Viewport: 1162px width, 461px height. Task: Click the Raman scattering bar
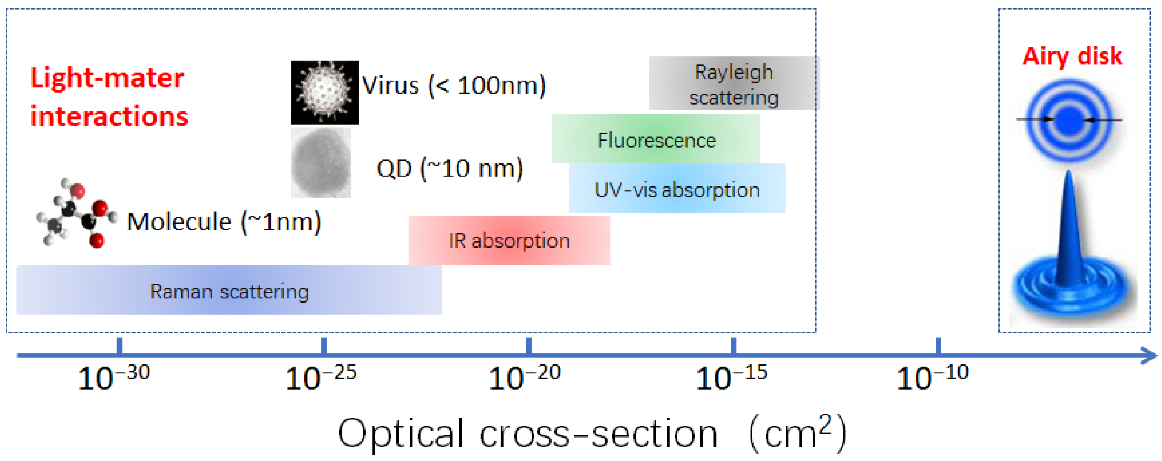229,290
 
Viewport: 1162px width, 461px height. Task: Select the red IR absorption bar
509,240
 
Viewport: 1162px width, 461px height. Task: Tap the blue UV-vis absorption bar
677,189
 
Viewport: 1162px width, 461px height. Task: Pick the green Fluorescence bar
656,139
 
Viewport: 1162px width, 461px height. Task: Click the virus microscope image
324,92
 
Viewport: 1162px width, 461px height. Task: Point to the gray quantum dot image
321,163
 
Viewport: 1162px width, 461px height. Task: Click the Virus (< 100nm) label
453,86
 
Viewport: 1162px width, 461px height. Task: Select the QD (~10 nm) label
450,169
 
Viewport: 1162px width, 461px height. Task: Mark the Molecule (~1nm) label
224,222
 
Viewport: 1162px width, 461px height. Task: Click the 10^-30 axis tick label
113,378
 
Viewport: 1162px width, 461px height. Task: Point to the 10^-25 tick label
321,378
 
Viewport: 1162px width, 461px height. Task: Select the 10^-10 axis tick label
932,378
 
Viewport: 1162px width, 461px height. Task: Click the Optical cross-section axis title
592,434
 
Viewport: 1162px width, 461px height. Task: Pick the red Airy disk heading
1072,56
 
